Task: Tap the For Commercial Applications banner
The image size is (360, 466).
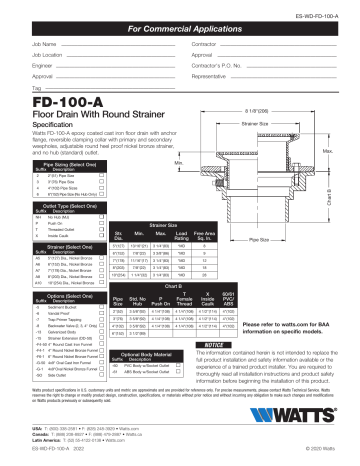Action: [179, 32]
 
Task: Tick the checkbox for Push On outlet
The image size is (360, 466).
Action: [102, 211]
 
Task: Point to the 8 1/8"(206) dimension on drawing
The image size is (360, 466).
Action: [288, 110]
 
